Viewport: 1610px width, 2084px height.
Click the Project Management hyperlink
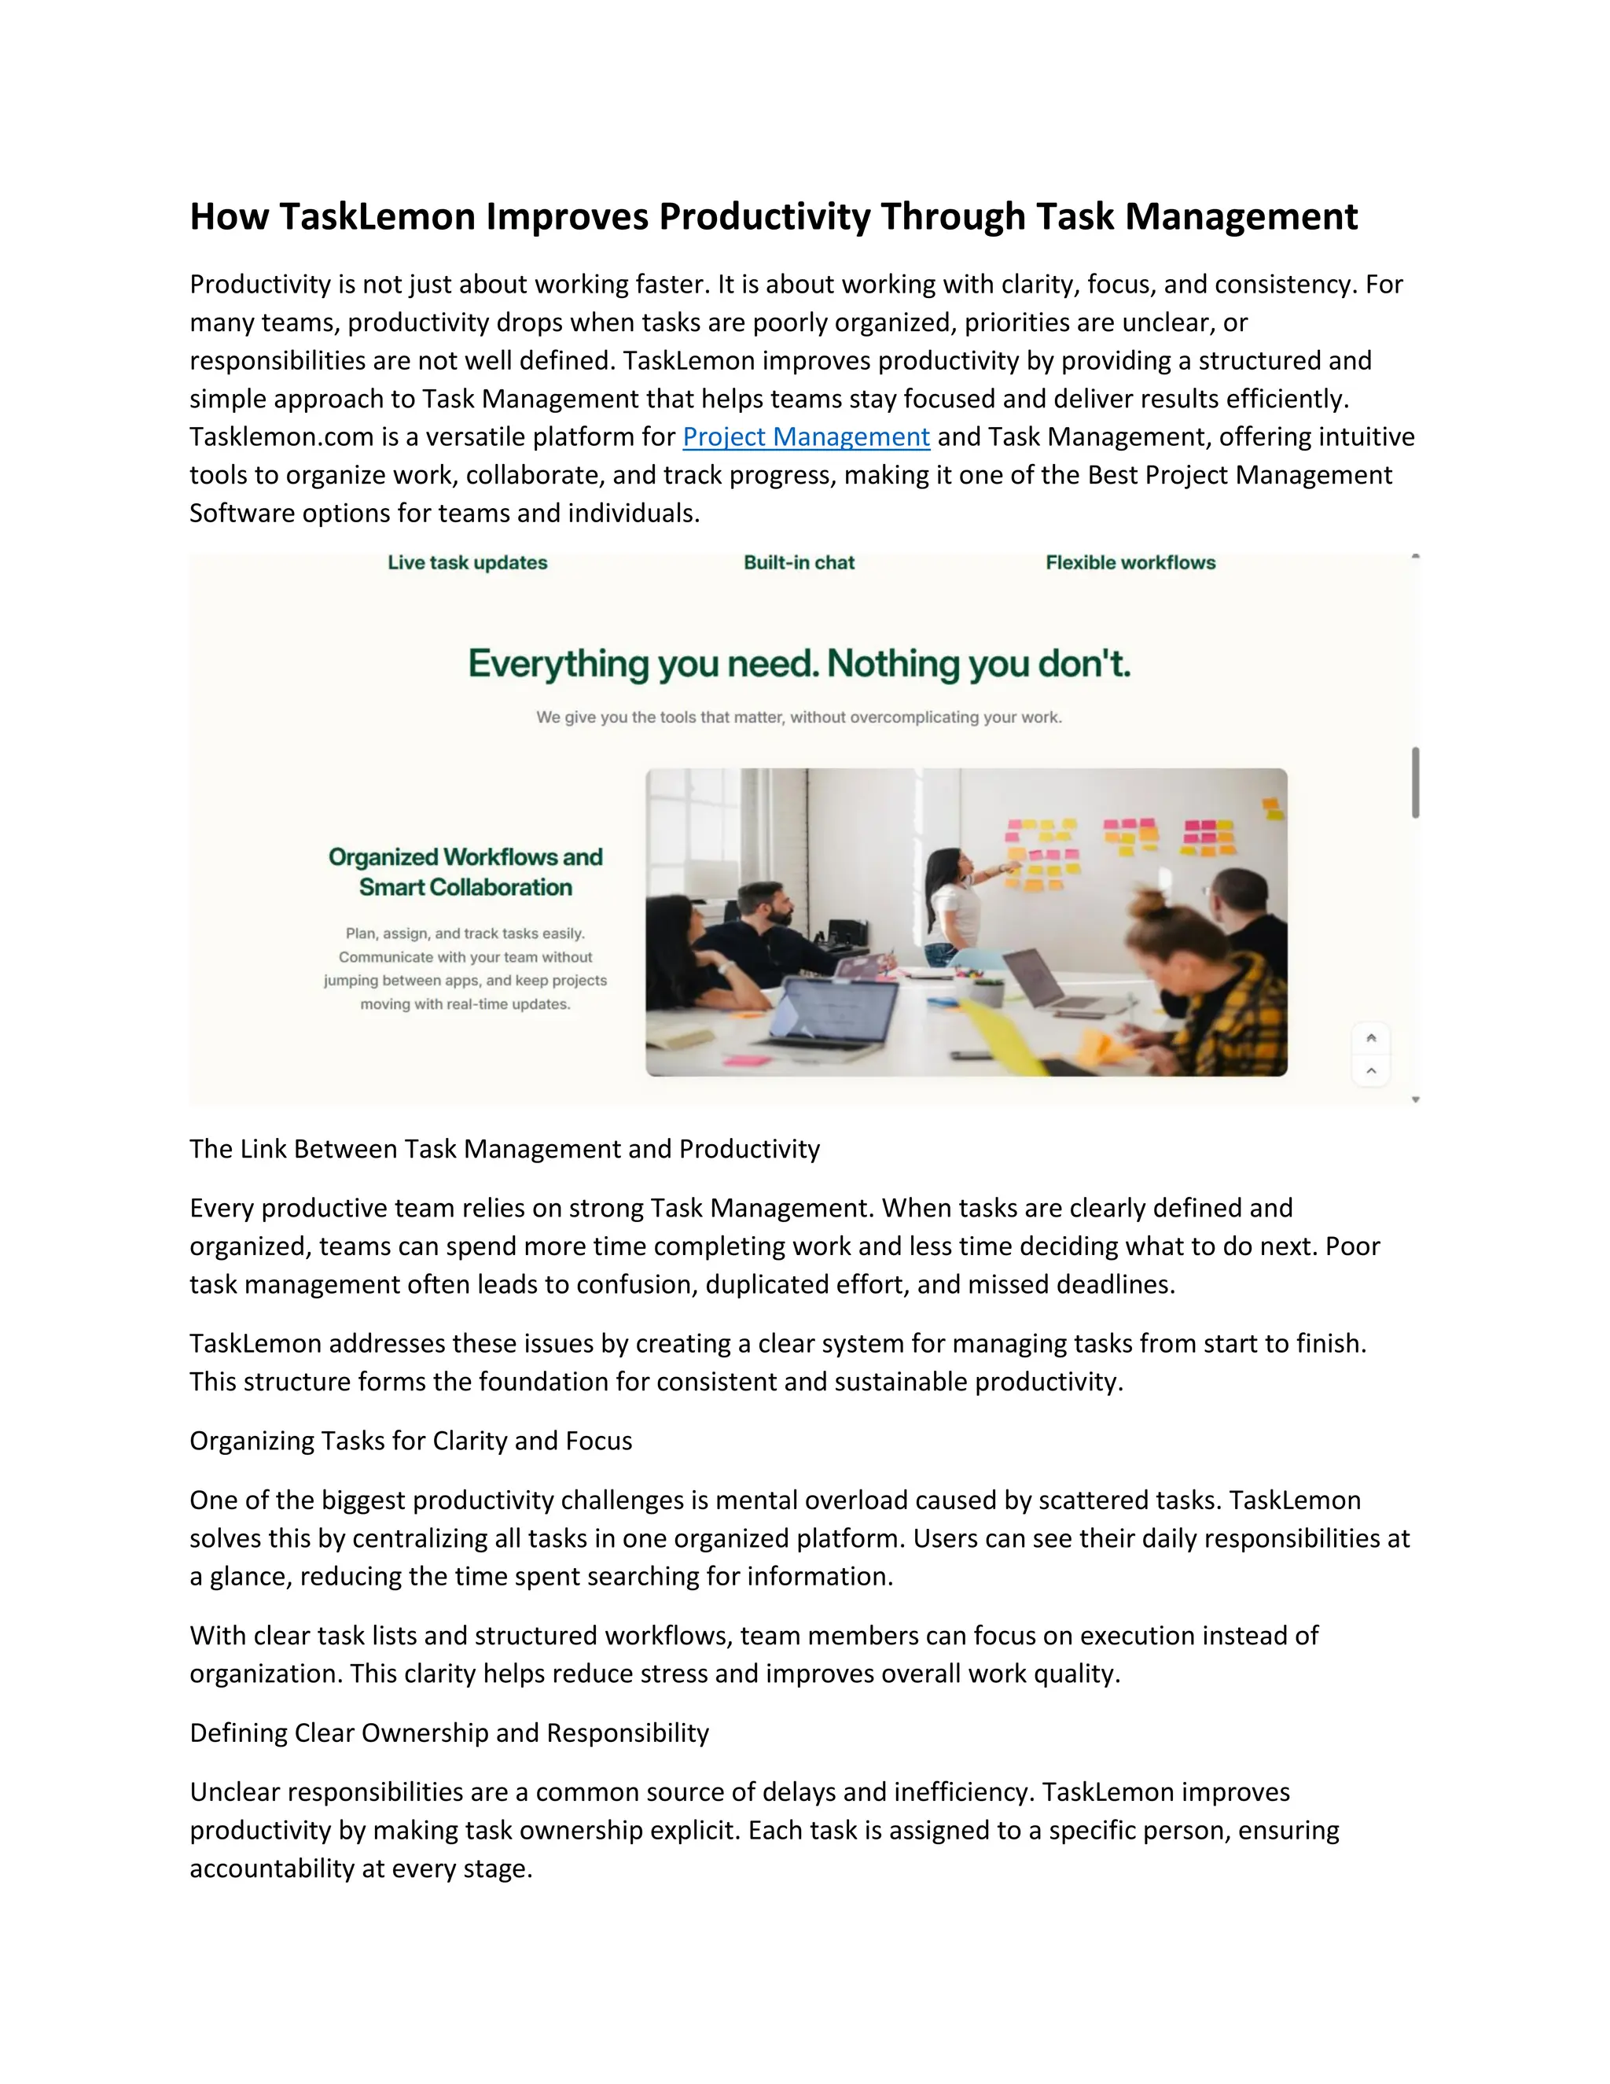[x=806, y=437]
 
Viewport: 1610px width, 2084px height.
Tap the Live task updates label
[x=468, y=563]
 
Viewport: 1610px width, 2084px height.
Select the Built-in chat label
[x=799, y=563]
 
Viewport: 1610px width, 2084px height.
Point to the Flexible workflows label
[x=1130, y=563]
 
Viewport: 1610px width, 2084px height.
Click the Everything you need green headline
[x=799, y=665]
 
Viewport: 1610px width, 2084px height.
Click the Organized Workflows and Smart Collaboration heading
[x=465, y=872]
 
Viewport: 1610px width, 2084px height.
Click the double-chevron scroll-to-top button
[x=1370, y=1038]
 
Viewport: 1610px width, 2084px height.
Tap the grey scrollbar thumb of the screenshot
[x=1415, y=782]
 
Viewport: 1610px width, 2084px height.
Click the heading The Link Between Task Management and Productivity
[x=505, y=1149]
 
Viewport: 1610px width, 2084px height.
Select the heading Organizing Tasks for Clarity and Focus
[x=411, y=1441]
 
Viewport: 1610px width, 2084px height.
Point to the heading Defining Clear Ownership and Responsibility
[x=449, y=1732]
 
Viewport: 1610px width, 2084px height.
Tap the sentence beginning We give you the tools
[x=799, y=717]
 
